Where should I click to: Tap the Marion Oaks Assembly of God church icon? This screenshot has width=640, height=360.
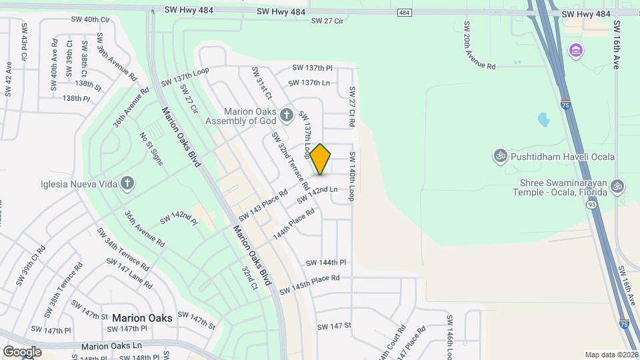[x=287, y=115]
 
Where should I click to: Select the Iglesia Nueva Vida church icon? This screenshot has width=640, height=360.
[x=127, y=183]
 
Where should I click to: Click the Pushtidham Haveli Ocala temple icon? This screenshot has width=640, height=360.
[x=500, y=157]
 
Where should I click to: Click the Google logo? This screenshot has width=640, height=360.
[x=21, y=351]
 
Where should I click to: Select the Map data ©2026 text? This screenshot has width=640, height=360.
[x=611, y=355]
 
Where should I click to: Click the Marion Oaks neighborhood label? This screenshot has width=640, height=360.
[x=142, y=318]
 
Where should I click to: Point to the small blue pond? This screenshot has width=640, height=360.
[x=543, y=120]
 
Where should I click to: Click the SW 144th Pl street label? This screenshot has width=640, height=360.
[x=326, y=263]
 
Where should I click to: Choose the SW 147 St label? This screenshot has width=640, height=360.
[x=334, y=326]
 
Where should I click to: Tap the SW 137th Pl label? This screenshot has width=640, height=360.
[x=312, y=68]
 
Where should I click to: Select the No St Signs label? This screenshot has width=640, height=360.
[x=151, y=146]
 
